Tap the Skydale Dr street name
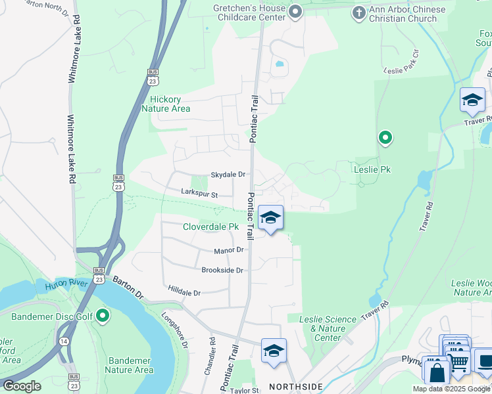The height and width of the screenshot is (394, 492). click(x=228, y=175)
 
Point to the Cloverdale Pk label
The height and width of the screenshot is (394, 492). click(x=210, y=227)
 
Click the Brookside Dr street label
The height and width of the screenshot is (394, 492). click(x=222, y=270)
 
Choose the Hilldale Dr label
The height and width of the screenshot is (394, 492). click(x=184, y=292)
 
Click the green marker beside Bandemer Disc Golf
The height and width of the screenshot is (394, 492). click(x=102, y=317)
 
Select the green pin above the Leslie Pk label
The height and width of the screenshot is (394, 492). click(x=385, y=138)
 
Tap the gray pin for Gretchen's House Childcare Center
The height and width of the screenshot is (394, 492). click(x=295, y=11)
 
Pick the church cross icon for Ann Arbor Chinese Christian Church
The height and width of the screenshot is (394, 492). click(x=358, y=12)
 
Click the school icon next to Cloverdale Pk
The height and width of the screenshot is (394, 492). click(x=270, y=218)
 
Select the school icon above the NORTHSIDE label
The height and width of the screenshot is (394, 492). click(x=274, y=351)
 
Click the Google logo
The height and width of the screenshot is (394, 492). click(x=22, y=385)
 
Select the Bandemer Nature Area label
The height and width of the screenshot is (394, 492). click(x=130, y=365)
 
